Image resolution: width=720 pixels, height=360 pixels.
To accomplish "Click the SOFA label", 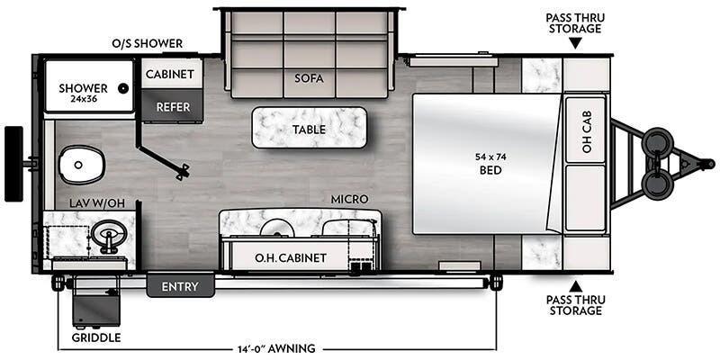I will point(308,78).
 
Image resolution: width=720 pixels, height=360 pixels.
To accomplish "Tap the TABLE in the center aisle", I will point(309,129).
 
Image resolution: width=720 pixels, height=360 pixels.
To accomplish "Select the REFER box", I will point(172,106).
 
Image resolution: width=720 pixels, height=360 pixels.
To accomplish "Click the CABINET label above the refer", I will point(171,75).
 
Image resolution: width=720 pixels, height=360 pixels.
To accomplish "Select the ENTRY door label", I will point(180,286).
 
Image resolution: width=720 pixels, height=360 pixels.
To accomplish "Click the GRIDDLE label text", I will point(95,338).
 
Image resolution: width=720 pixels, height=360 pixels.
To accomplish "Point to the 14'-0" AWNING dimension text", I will point(277,347).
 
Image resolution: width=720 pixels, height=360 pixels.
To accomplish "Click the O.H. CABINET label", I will point(290,258).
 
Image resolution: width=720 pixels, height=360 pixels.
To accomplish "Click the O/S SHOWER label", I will point(148,43).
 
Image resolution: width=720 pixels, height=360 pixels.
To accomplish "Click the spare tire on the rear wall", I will point(13,164).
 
